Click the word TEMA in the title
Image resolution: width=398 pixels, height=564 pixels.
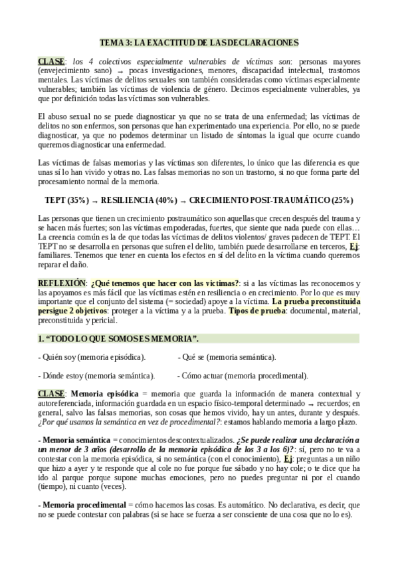110,43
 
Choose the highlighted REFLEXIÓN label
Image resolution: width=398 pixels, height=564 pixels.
62,283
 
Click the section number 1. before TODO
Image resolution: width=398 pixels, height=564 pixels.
41,339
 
